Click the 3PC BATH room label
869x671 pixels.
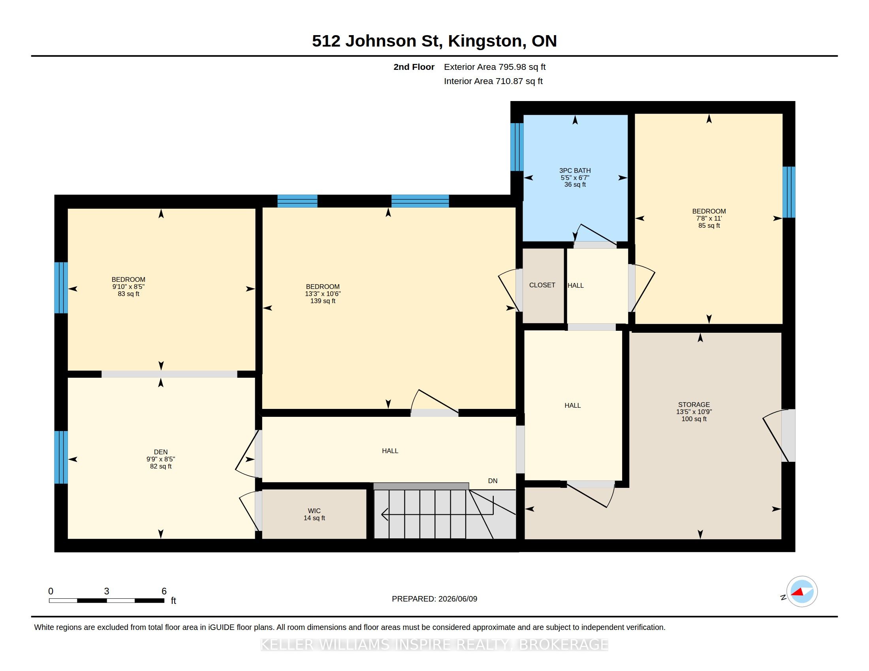pyautogui.click(x=575, y=177)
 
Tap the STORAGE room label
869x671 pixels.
pyautogui.click(x=694, y=411)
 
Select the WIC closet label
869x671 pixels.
pyautogui.click(x=314, y=514)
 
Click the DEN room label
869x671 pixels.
pyautogui.click(x=161, y=459)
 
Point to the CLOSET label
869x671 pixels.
pyautogui.click(x=542, y=285)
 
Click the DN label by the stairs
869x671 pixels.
pyautogui.click(x=493, y=481)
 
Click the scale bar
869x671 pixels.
pyautogui.click(x=107, y=600)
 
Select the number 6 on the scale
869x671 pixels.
pyautogui.click(x=164, y=591)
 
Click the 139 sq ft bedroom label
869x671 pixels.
pyautogui.click(x=323, y=293)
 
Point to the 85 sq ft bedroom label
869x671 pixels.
pyautogui.click(x=709, y=218)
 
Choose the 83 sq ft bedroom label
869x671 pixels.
pyautogui.click(x=128, y=286)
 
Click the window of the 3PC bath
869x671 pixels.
pyautogui.click(x=517, y=147)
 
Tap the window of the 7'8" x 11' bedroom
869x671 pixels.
pyautogui.click(x=789, y=192)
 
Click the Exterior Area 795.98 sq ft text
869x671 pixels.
pyautogui.click(x=495, y=67)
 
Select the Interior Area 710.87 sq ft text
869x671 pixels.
pyautogui.click(x=493, y=81)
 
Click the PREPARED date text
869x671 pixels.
pyautogui.click(x=434, y=599)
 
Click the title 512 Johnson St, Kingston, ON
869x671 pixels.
pyautogui.click(x=434, y=41)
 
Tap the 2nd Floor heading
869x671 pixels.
pyautogui.click(x=414, y=67)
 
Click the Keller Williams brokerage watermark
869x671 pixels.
pyautogui.click(x=434, y=645)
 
